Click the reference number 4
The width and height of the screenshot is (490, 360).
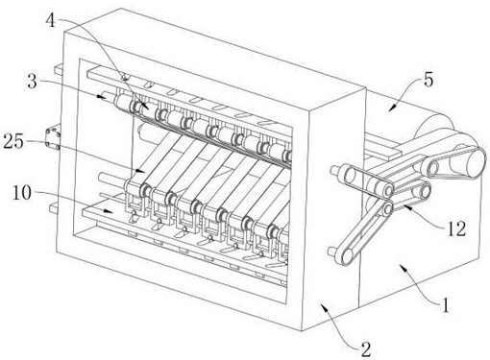51,21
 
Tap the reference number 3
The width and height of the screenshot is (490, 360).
32,82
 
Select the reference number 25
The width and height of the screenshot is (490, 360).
13,141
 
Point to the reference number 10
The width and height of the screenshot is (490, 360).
22,193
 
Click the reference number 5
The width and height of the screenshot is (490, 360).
429,79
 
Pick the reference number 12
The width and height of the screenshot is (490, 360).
456,228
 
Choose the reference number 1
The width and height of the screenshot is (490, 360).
446,305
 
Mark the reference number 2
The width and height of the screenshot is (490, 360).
366,349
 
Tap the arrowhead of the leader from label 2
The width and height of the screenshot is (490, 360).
324,307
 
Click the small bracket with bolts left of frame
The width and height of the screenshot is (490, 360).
53,138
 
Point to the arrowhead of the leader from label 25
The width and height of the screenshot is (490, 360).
141,170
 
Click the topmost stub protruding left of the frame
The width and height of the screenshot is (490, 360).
60,70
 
